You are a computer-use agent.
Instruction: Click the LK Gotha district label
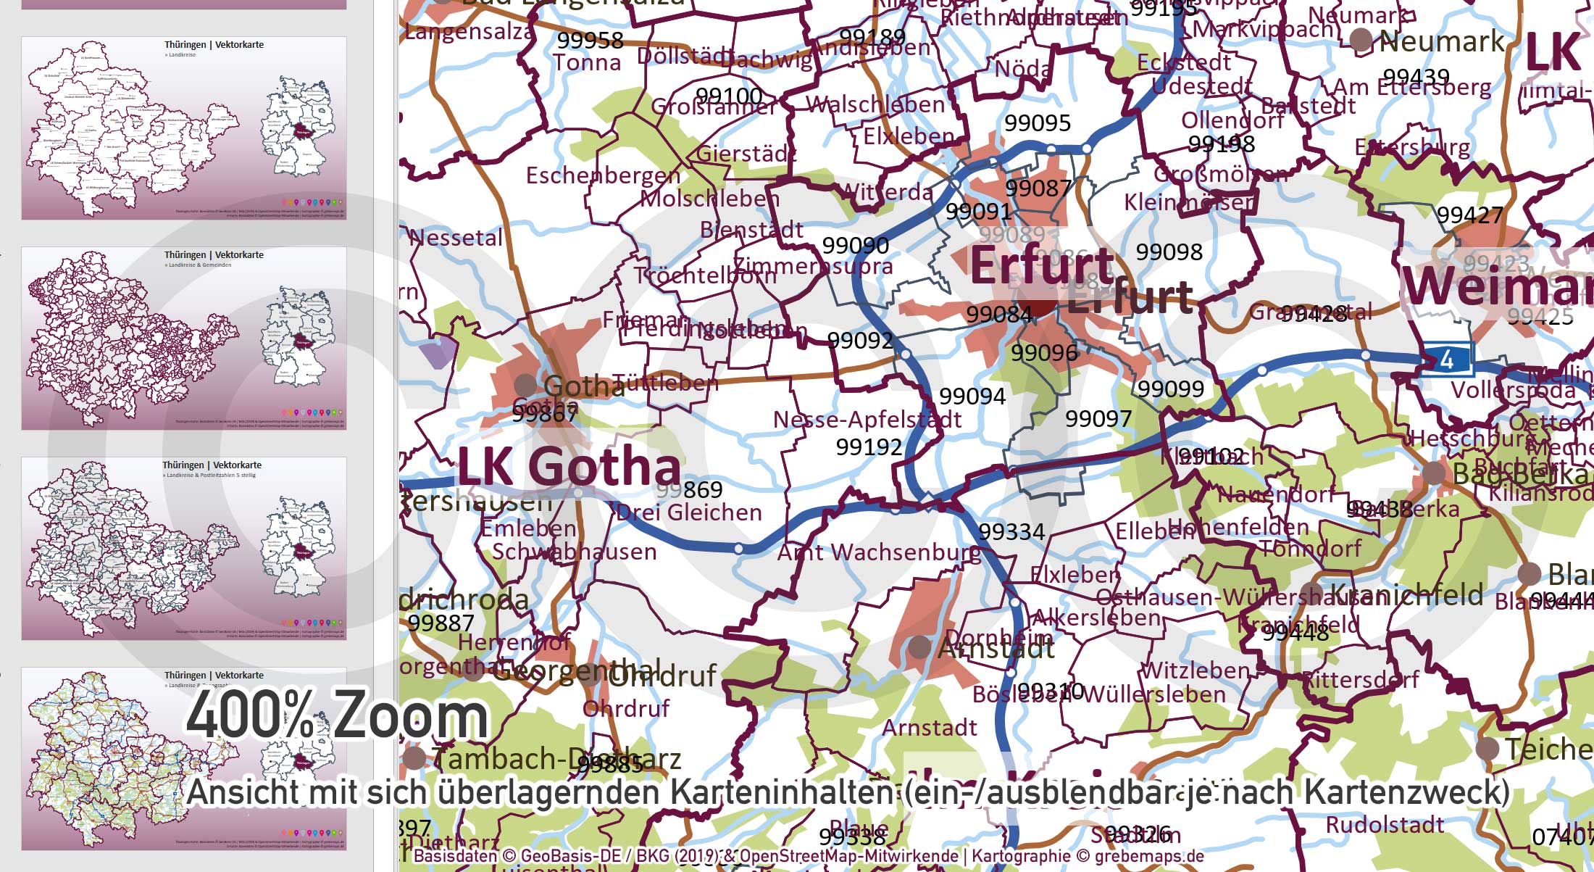[569, 468]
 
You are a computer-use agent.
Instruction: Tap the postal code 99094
[972, 396]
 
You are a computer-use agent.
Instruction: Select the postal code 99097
[1098, 418]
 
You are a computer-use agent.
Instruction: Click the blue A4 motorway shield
[1446, 360]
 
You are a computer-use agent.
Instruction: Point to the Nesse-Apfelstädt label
[867, 420]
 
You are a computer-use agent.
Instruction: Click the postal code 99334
[1011, 532]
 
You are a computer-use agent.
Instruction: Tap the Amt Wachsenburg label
[879, 553]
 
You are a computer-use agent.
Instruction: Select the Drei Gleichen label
[689, 512]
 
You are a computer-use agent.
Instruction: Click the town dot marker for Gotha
[525, 385]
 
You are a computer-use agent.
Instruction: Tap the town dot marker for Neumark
[1361, 41]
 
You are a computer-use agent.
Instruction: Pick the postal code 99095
[1038, 123]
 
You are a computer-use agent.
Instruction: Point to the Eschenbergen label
[603, 175]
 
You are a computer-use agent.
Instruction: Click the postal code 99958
[590, 41]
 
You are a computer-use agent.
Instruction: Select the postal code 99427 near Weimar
[1470, 215]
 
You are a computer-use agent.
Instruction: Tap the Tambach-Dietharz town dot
[414, 758]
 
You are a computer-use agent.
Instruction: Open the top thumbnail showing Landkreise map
[184, 128]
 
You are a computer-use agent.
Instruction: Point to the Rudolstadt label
[1385, 825]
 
